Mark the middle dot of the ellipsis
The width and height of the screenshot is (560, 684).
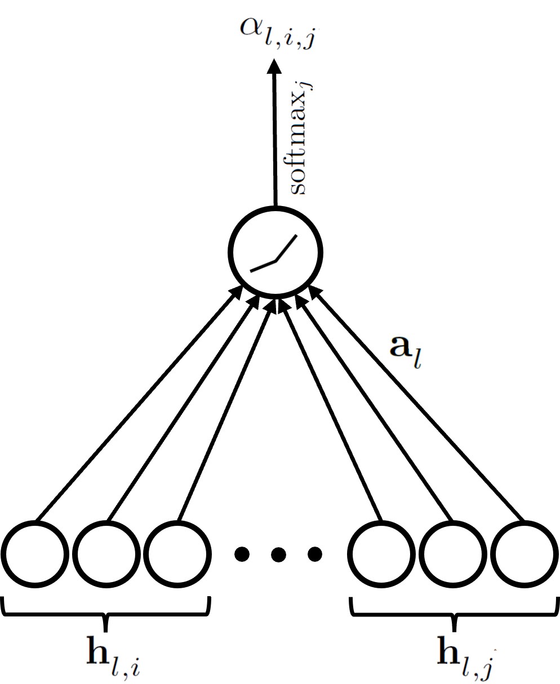pyautogui.click(x=277, y=555)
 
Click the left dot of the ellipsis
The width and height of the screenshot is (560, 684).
pyautogui.click(x=241, y=555)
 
